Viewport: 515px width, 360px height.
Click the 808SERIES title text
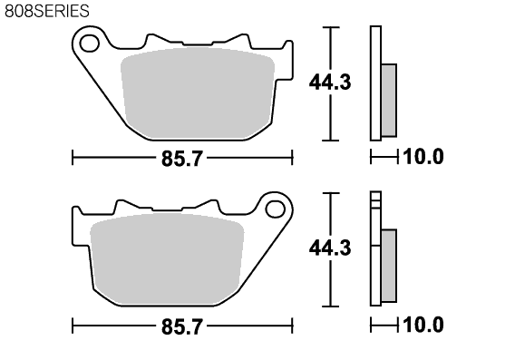tap(47, 11)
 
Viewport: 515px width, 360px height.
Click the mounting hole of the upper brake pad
tap(90, 44)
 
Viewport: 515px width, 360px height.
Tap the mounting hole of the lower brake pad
tap(275, 209)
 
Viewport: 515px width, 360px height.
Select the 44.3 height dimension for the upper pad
tap(330, 83)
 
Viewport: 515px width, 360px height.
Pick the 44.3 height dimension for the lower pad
tap(330, 248)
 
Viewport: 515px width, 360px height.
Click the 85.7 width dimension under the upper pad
tap(182, 159)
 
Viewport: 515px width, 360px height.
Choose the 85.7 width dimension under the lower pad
tap(182, 326)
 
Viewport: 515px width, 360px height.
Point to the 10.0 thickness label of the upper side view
tap(423, 156)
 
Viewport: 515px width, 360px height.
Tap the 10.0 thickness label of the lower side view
tap(423, 325)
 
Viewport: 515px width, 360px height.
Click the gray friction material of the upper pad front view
tap(198, 93)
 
